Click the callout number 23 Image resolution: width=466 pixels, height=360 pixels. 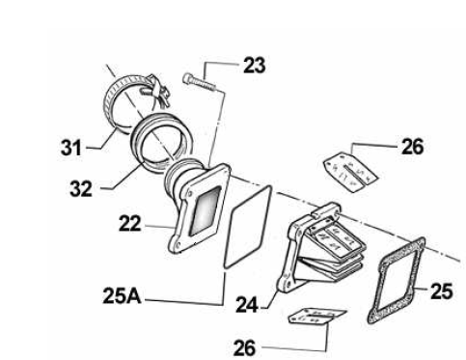[x=255, y=66]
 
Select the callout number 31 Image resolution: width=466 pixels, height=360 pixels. [x=71, y=149]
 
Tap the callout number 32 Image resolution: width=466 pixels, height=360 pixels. [x=81, y=188]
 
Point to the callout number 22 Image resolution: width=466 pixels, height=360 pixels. [x=130, y=223]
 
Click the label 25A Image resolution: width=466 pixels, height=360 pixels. [x=122, y=296]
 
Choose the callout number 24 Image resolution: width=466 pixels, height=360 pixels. [x=247, y=305]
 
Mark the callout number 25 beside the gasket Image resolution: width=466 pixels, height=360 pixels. [x=442, y=291]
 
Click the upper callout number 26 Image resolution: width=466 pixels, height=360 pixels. [x=413, y=147]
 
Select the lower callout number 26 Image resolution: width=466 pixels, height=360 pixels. [x=245, y=347]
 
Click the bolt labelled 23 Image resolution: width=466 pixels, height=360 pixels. [x=199, y=82]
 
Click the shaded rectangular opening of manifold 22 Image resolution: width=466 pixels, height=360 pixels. [x=206, y=210]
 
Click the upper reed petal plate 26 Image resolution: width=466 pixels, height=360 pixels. [x=350, y=173]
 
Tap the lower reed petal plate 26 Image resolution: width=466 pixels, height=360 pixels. [x=316, y=316]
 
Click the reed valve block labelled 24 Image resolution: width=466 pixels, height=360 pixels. [x=320, y=248]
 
